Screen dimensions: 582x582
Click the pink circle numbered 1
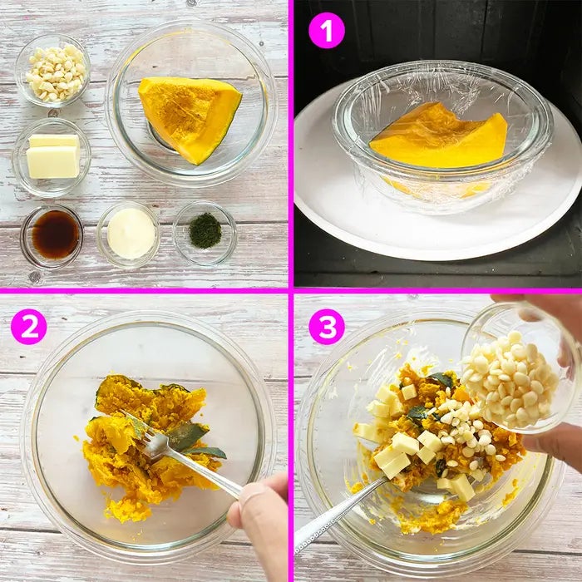click(x=327, y=31)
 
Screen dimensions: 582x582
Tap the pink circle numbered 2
click(x=29, y=327)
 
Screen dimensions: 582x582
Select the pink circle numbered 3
click(x=327, y=327)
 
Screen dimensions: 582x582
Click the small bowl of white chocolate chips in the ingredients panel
click(x=52, y=71)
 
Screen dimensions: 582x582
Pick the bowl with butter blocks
click(x=52, y=157)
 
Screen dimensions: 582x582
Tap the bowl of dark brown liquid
click(x=52, y=235)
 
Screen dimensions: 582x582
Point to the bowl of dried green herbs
click(x=205, y=233)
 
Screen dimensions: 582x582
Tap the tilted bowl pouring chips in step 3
click(x=520, y=367)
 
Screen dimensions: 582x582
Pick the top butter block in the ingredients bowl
click(x=54, y=141)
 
